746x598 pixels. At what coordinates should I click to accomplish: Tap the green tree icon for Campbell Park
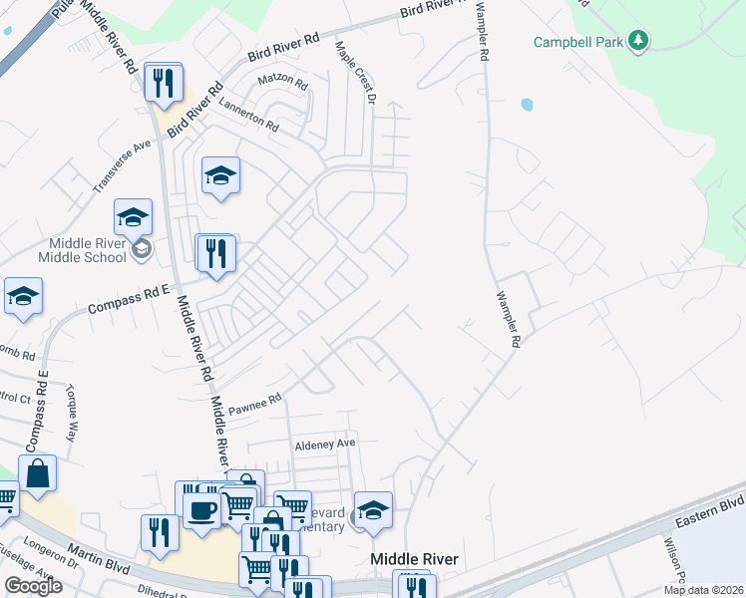[x=639, y=41]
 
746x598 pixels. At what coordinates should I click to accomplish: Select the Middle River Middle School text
[x=82, y=249]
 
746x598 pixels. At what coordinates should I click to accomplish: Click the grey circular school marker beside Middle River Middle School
[x=142, y=248]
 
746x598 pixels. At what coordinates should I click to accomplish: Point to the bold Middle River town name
[x=414, y=559]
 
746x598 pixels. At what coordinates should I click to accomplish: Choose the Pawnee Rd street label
[x=256, y=402]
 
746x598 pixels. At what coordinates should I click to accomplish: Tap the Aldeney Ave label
[x=324, y=444]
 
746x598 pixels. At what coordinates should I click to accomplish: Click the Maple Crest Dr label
[x=355, y=75]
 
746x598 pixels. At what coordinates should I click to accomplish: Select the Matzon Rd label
[x=280, y=79]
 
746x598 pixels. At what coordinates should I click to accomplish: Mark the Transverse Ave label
[x=121, y=165]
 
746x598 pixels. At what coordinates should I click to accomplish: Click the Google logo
[x=33, y=586]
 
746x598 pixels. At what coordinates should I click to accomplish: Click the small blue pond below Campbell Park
[x=526, y=104]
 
